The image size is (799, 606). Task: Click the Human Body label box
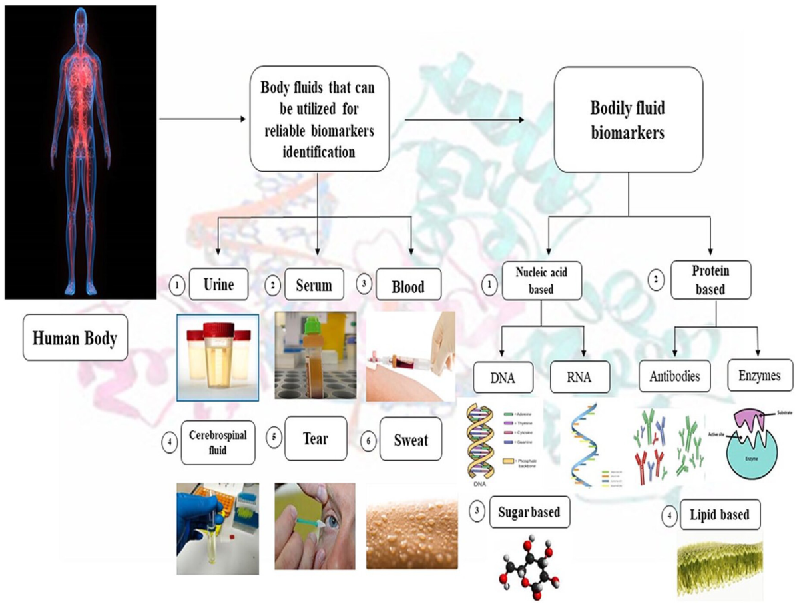pos(75,338)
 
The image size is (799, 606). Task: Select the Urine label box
pos(219,285)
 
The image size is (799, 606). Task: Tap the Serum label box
pos(314,285)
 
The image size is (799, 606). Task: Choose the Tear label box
pos(316,439)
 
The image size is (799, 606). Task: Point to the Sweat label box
pos(411,439)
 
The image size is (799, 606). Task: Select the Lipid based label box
pos(718,514)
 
